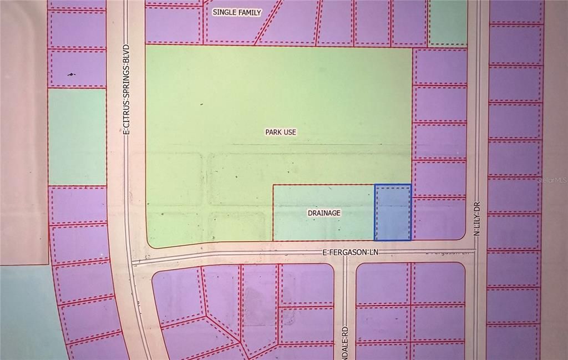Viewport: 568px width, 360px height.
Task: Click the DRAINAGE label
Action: pos(324,213)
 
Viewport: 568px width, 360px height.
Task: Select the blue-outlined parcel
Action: pos(393,212)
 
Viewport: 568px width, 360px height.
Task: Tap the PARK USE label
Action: pos(280,133)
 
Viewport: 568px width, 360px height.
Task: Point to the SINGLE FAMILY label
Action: pos(237,12)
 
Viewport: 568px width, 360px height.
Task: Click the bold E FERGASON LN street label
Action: pos(349,252)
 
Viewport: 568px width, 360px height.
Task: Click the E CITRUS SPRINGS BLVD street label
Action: pos(126,89)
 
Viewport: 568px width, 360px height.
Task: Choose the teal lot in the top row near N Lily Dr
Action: pos(448,22)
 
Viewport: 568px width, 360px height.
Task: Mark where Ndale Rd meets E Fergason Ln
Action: pos(344,256)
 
